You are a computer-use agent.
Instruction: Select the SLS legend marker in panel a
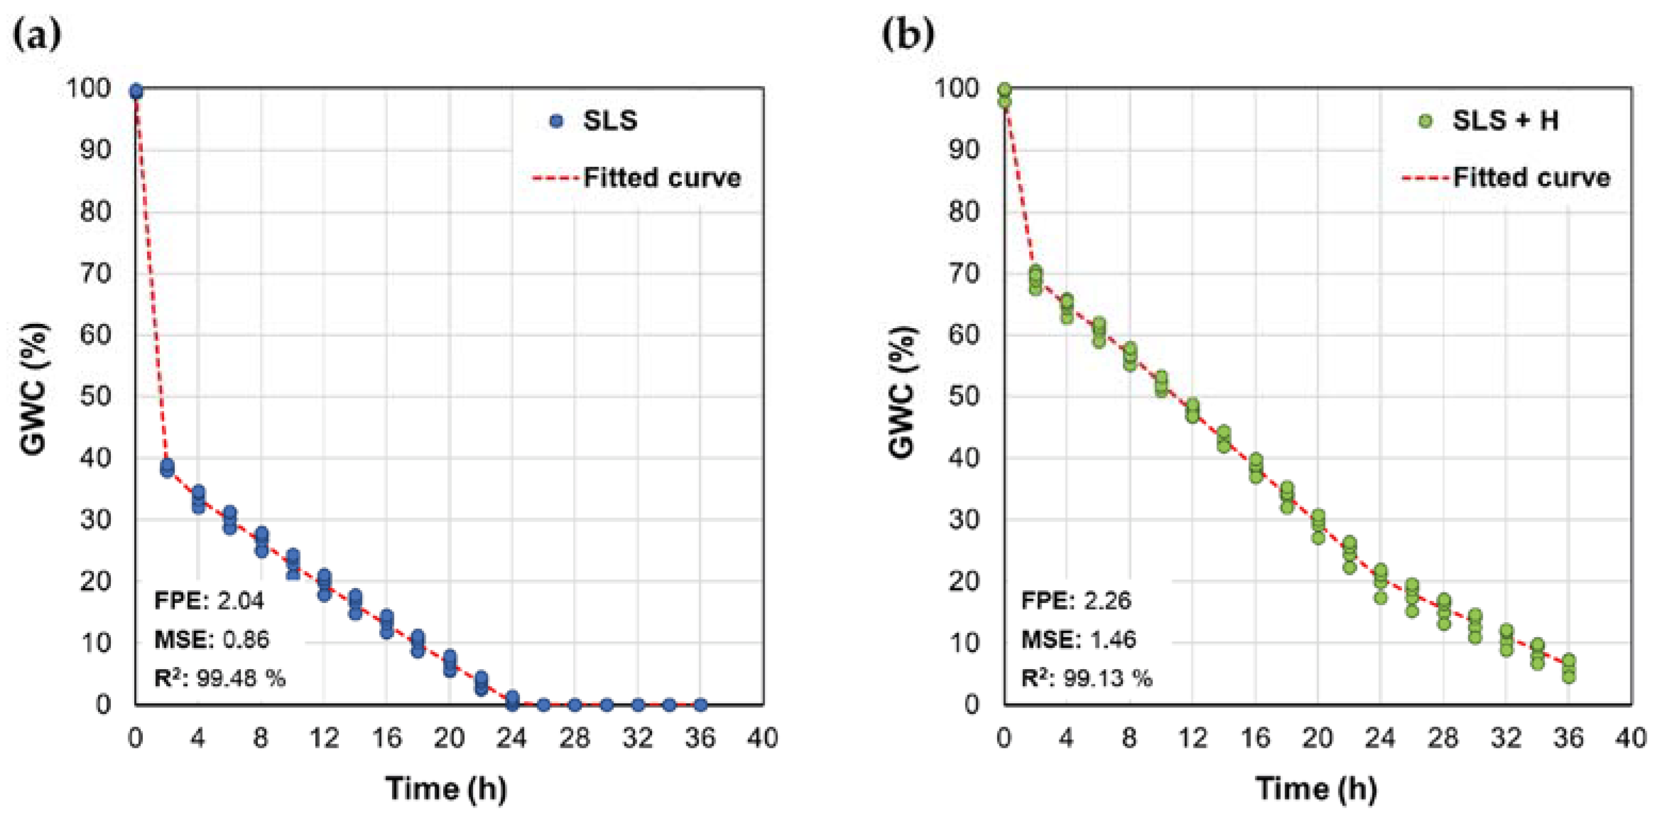pyautogui.click(x=557, y=121)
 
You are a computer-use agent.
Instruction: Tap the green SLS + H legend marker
pyautogui.click(x=1426, y=121)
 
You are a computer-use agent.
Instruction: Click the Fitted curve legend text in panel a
pyautogui.click(x=662, y=178)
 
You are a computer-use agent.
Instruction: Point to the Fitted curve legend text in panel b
pyautogui.click(x=1532, y=178)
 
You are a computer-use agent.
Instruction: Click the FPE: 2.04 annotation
pyautogui.click(x=209, y=601)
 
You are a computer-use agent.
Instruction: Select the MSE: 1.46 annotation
pyautogui.click(x=1078, y=639)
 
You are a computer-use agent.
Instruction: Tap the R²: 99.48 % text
pyautogui.click(x=219, y=678)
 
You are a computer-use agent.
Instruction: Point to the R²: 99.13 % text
pyautogui.click(x=1086, y=678)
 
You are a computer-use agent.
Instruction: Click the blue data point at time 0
pyautogui.click(x=136, y=92)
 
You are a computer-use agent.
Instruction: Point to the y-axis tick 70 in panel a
pyautogui.click(x=95, y=274)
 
